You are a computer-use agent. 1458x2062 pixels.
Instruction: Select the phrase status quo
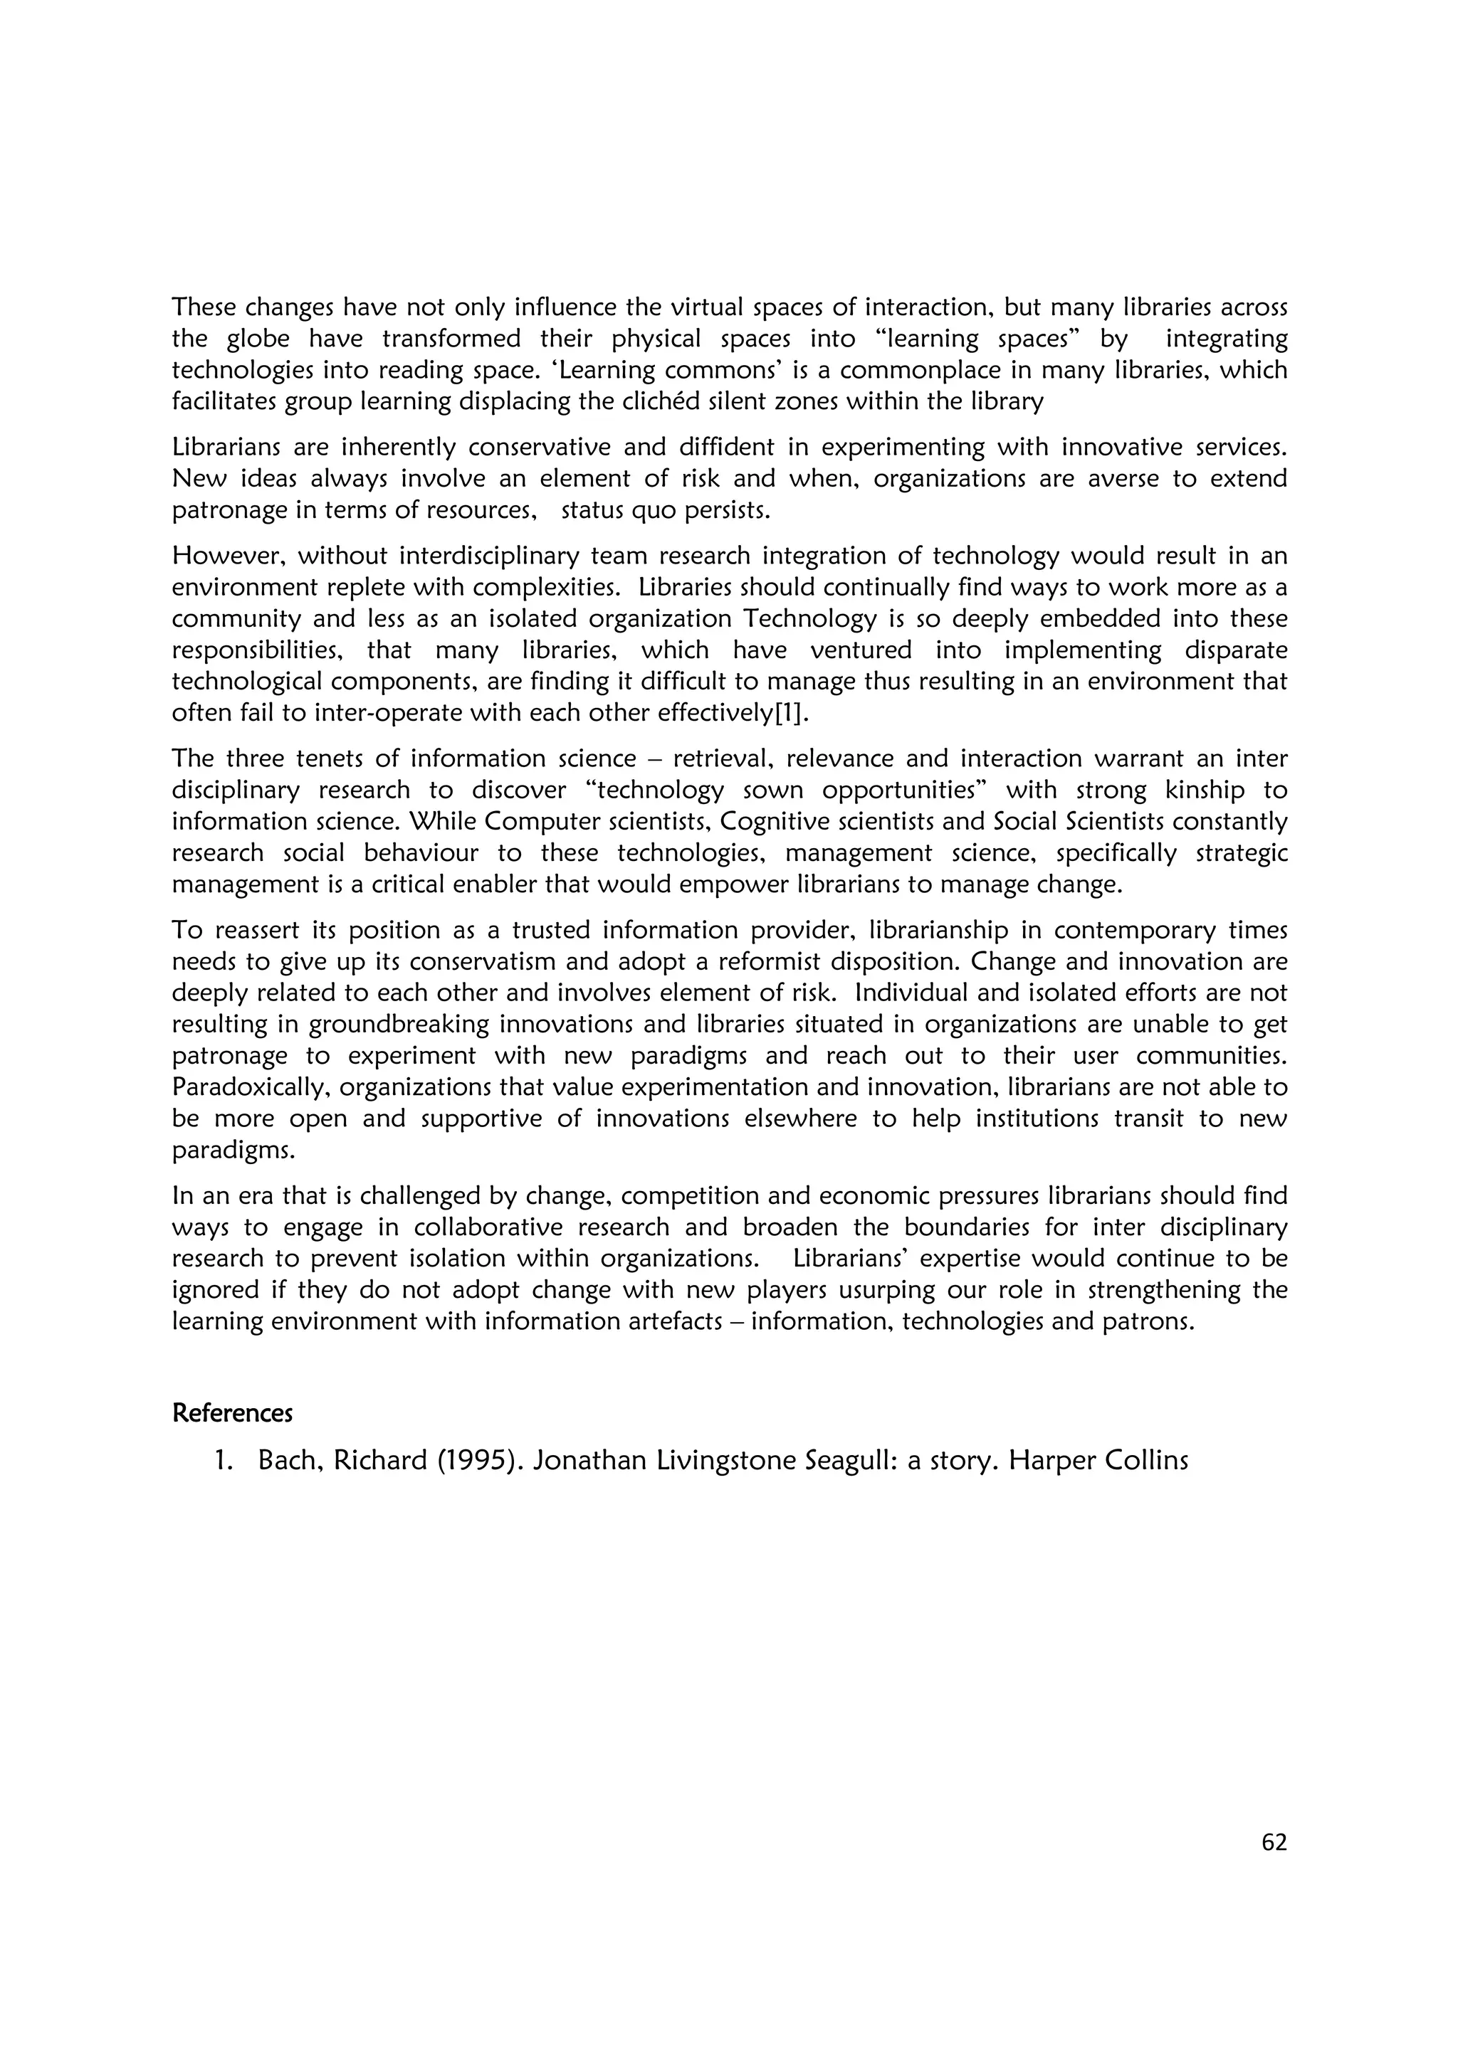[x=621, y=511]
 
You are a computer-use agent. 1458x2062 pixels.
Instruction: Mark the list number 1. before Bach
[x=224, y=1461]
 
